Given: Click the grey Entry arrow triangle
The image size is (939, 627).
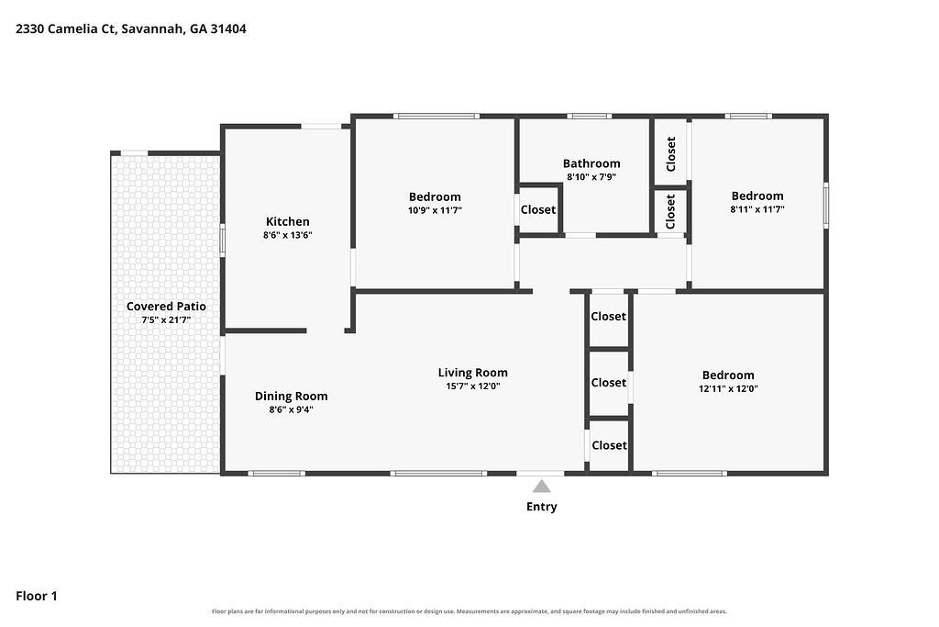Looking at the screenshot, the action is point(541,487).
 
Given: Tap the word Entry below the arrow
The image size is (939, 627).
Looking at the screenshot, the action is point(541,507).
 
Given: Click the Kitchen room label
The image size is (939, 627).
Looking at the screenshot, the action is point(287,222).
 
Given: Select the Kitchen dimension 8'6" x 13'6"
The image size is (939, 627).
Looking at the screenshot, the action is point(287,235).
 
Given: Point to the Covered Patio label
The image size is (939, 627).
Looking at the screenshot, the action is point(166,307).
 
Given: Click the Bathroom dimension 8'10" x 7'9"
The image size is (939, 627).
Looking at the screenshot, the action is point(591,177).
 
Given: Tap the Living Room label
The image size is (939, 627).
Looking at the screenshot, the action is point(472,373).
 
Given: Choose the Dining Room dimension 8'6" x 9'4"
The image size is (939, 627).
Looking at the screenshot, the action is point(291,410).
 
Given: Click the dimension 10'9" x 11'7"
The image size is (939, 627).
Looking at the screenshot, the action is point(435,210).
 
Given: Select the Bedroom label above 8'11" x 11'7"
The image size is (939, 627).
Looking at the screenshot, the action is point(757,196).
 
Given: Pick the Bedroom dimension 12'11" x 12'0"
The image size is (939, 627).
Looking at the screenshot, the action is point(728,388).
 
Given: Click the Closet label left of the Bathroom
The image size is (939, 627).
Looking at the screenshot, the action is point(537,210).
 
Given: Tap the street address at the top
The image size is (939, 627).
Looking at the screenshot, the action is point(130,28).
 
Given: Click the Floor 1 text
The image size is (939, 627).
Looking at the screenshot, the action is point(37,596).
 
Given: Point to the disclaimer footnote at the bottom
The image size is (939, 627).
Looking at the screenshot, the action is point(469,611).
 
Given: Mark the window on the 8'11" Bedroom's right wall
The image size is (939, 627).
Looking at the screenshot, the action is point(826,205).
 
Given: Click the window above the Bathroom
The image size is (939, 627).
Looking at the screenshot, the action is point(590,117).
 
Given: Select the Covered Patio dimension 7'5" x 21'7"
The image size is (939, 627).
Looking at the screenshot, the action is point(166,320).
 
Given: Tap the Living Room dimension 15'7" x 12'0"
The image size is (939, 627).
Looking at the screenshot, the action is point(472,386).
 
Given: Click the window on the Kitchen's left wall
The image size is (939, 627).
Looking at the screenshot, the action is point(222,240).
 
